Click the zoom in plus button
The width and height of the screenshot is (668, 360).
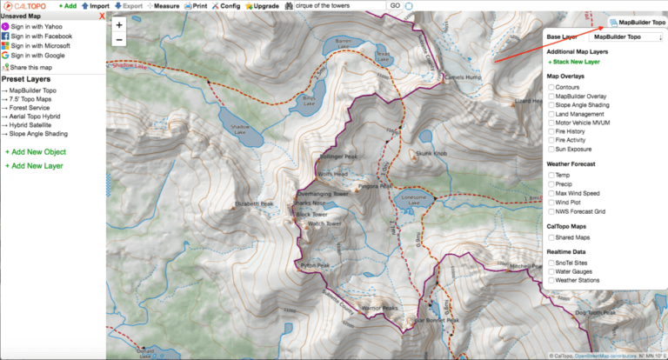(x=119, y=25)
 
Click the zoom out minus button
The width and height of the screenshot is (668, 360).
(x=119, y=40)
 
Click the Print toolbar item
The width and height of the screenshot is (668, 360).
(x=195, y=5)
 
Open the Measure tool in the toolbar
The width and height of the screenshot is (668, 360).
(x=163, y=5)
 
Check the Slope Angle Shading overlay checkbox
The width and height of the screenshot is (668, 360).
(x=551, y=105)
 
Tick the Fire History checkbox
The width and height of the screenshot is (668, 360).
(x=551, y=130)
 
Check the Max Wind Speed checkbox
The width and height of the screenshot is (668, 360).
(x=551, y=192)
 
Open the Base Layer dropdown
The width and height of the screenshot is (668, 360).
(x=625, y=37)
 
